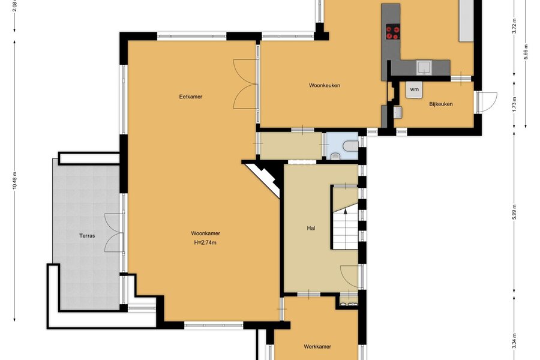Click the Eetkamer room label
click(190, 97)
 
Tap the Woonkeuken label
click(325, 85)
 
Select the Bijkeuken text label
click(441, 104)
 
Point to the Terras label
click(87, 236)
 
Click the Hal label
click(311, 228)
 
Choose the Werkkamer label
click(317, 347)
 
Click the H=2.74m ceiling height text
click(205, 242)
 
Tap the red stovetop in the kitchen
click(392, 32)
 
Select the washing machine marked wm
click(414, 90)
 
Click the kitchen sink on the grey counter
click(424, 68)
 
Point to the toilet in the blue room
click(351, 146)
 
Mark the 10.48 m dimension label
click(14, 181)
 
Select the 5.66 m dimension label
click(526, 52)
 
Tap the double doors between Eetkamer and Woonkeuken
click(245, 84)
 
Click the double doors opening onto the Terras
click(115, 233)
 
